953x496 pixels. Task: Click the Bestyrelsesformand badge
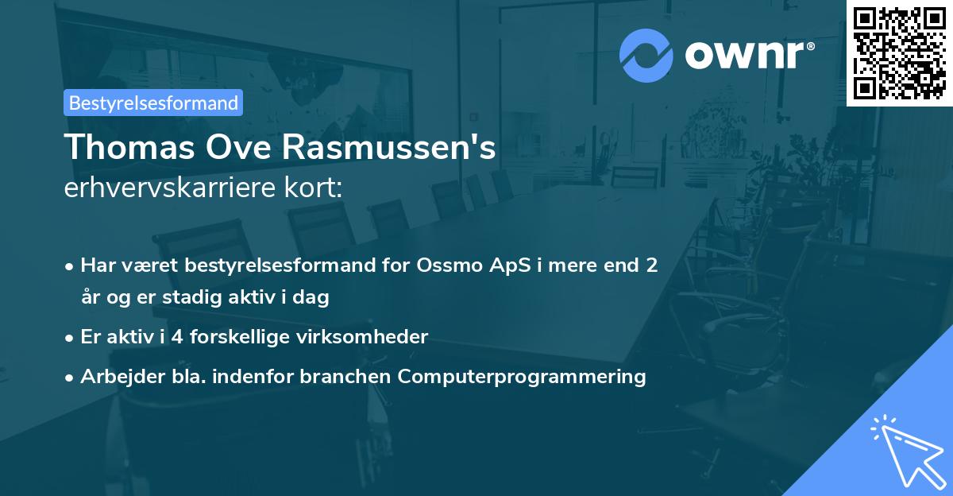pyautogui.click(x=153, y=103)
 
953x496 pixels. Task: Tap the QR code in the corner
pyautogui.click(x=899, y=52)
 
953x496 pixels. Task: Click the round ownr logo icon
pyautogui.click(x=646, y=56)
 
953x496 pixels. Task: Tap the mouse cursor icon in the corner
pyautogui.click(x=905, y=449)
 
